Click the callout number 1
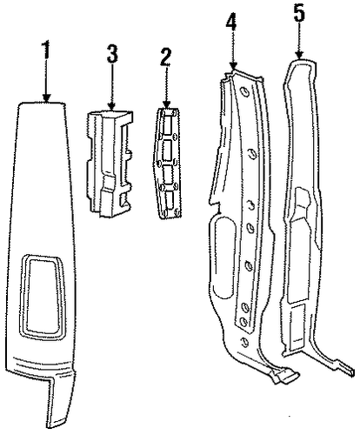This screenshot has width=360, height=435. point(46,50)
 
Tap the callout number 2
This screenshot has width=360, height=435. point(166,57)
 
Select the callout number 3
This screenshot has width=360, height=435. point(112,53)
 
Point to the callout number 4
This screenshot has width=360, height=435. point(231,21)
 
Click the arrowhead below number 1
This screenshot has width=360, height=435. point(46,97)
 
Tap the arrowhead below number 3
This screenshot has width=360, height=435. point(111,105)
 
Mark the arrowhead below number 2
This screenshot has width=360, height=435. point(166,104)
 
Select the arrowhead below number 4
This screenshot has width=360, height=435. point(233,66)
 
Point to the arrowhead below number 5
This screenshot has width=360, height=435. point(299,55)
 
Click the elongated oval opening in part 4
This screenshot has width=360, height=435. point(224,257)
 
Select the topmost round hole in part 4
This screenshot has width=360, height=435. point(245,91)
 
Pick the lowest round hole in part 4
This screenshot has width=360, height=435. point(245,342)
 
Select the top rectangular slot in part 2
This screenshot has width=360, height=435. point(168,124)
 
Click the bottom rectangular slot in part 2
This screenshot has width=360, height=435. point(170,201)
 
